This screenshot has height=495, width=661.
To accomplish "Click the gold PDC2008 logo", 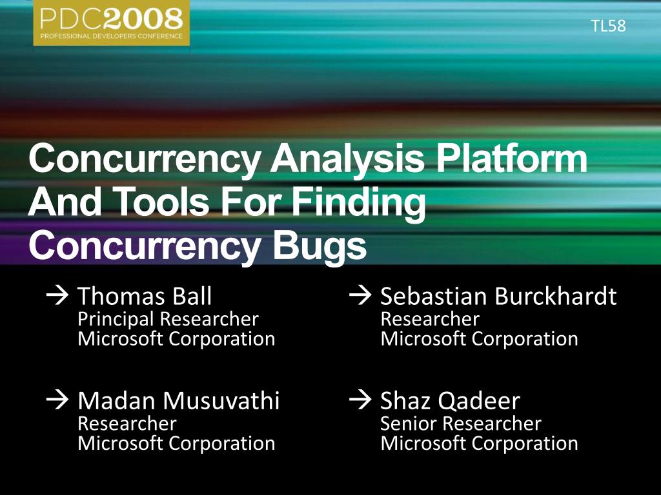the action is pyautogui.click(x=111, y=23).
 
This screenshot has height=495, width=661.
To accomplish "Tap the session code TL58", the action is pyautogui.click(x=608, y=26).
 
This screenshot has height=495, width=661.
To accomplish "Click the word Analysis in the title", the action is pyautogui.click(x=347, y=159).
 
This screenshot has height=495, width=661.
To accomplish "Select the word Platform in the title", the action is pyautogui.click(x=512, y=158).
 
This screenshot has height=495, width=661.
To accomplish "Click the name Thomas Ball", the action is pyautogui.click(x=145, y=296).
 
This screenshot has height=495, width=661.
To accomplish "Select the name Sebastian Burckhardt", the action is pyautogui.click(x=498, y=296).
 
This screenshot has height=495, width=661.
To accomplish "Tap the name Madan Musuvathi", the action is pyautogui.click(x=178, y=400).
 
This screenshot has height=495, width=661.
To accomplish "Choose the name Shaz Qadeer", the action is pyautogui.click(x=450, y=401).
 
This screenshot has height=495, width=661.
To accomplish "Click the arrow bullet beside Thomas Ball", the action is pyautogui.click(x=57, y=295).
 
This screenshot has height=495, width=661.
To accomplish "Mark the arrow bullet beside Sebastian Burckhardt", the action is pyautogui.click(x=360, y=295).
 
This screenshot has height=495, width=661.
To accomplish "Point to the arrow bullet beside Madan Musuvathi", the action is pyautogui.click(x=57, y=400).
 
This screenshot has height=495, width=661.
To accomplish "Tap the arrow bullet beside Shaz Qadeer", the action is pyautogui.click(x=360, y=400).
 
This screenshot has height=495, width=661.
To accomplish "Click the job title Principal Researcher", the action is pyautogui.click(x=168, y=320).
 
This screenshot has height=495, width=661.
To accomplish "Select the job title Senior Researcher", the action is pyautogui.click(x=460, y=423).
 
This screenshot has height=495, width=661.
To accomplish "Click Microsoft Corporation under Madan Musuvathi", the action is pyautogui.click(x=176, y=443).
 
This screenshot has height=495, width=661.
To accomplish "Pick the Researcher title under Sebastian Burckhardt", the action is pyautogui.click(x=429, y=319).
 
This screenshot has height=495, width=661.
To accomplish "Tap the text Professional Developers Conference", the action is pyautogui.click(x=111, y=36).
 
